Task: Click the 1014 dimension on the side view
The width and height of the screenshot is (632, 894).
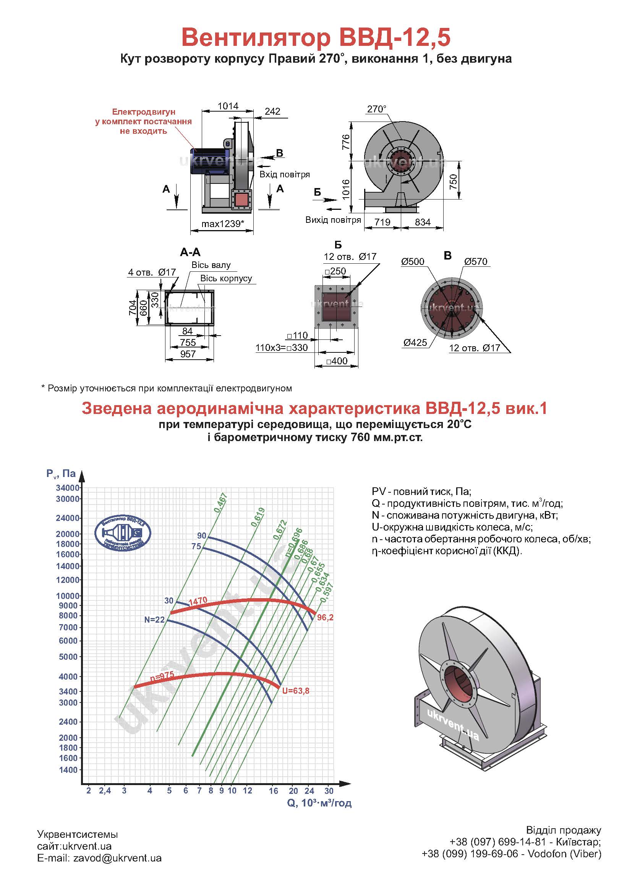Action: pyautogui.click(x=228, y=106)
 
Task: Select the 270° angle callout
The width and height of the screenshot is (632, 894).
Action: pyautogui.click(x=377, y=109)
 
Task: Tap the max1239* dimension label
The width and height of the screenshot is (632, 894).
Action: pyautogui.click(x=223, y=224)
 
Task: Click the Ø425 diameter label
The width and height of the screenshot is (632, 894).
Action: pyautogui.click(x=415, y=342)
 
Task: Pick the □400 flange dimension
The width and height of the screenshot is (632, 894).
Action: pyautogui.click(x=337, y=361)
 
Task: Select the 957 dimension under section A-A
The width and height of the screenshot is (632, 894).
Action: pyautogui.click(x=188, y=354)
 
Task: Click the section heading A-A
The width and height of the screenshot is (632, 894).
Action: pyautogui.click(x=190, y=252)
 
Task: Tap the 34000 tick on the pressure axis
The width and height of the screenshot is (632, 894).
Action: pyautogui.click(x=68, y=488)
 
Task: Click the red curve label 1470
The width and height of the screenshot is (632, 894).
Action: pyautogui.click(x=198, y=601)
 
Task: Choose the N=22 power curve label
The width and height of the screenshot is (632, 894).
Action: pyautogui.click(x=154, y=620)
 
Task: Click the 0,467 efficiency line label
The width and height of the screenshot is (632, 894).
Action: pyautogui.click(x=220, y=502)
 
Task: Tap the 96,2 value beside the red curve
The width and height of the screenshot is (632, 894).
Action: pyautogui.click(x=325, y=618)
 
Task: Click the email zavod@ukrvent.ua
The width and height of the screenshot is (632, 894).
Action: pyautogui.click(x=100, y=858)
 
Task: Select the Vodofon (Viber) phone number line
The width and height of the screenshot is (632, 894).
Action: pyautogui.click(x=511, y=854)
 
